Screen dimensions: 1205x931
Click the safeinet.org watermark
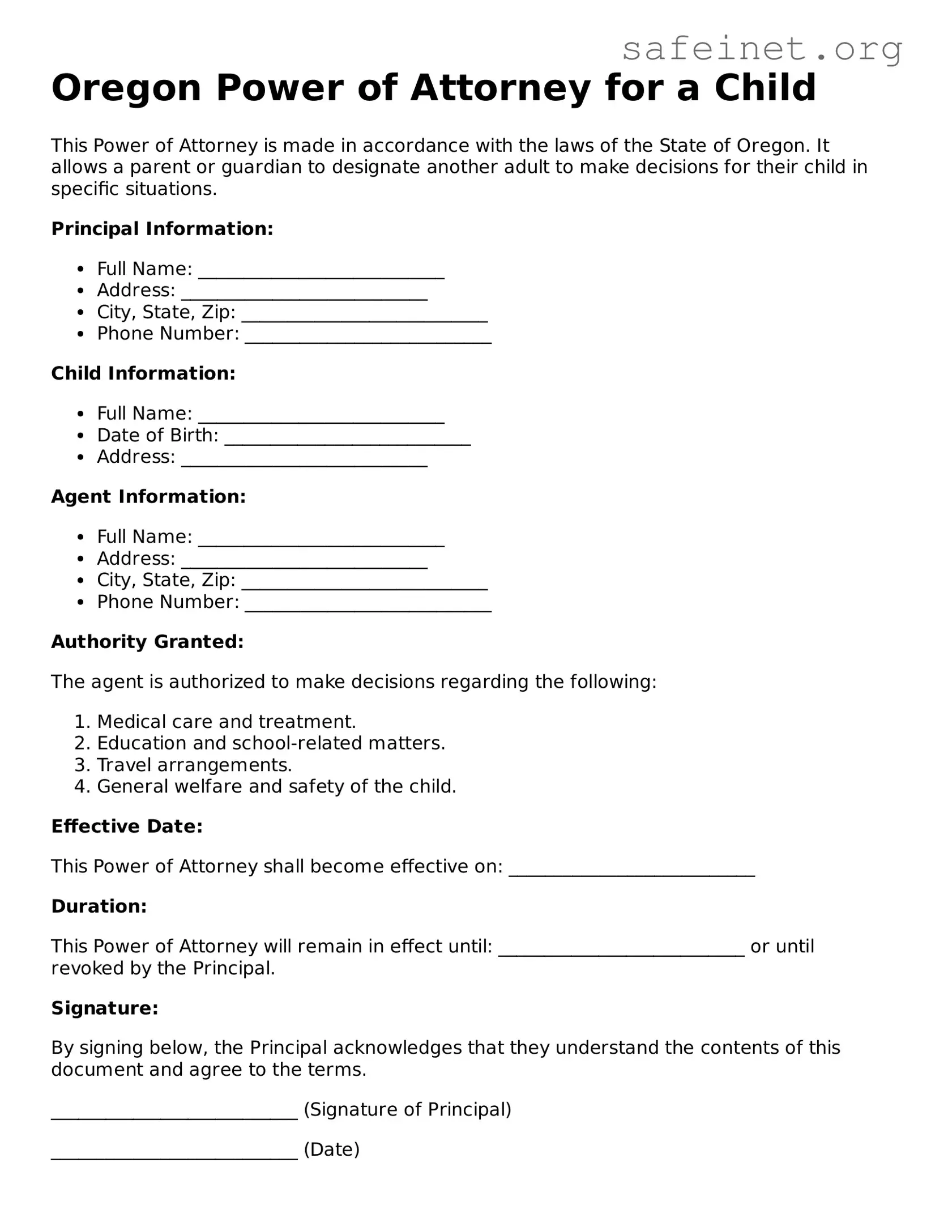tap(762, 49)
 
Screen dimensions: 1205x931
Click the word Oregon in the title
tap(126, 88)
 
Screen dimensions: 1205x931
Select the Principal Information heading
tap(162, 229)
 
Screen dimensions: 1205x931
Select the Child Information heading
tap(143, 373)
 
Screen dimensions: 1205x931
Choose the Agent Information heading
tap(148, 497)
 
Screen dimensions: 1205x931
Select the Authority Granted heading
tap(147, 642)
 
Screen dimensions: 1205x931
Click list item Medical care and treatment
tap(226, 722)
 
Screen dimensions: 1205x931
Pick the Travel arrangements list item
tap(194, 765)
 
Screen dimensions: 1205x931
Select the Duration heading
tap(99, 906)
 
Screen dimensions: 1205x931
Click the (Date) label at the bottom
tap(332, 1149)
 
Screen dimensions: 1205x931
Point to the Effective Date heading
tap(127, 827)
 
